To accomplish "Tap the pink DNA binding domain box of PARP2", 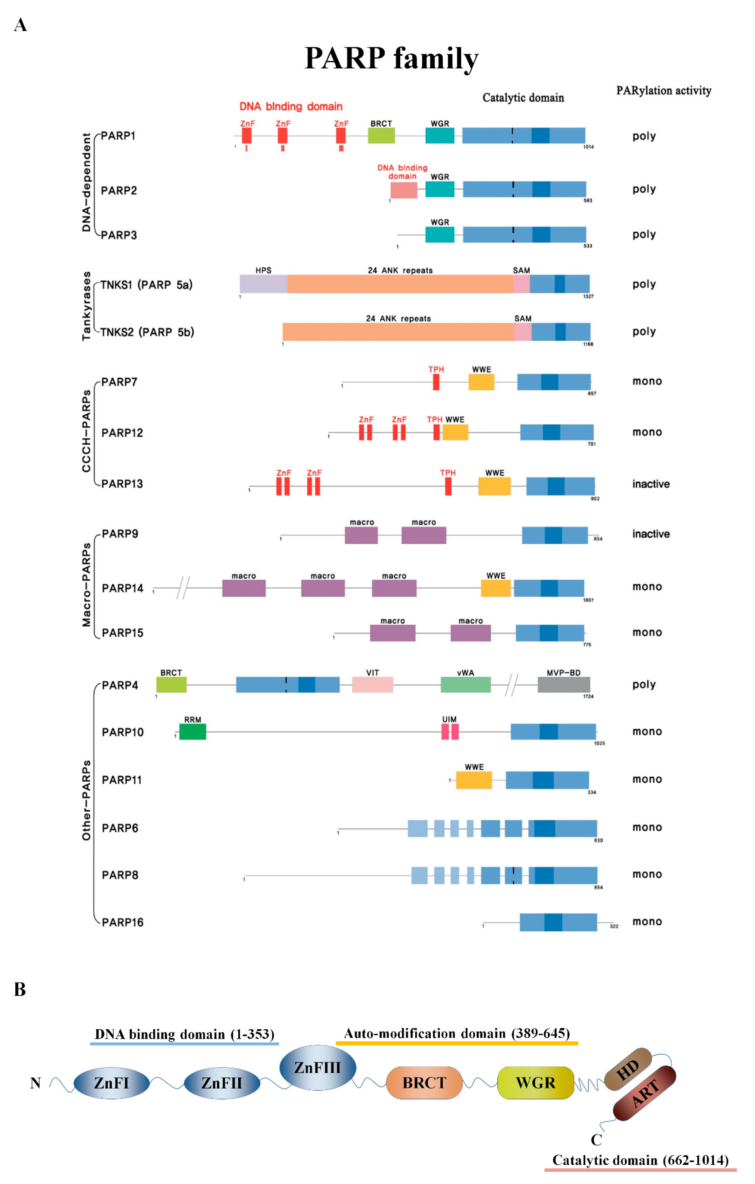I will (x=404, y=190).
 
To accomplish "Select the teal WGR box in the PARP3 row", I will (x=440, y=234).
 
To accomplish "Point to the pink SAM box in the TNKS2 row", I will (x=523, y=332).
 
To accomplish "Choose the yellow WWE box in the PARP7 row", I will (x=481, y=382).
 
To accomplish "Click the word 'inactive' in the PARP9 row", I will (x=651, y=534).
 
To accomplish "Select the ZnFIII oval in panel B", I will (x=318, y=1067).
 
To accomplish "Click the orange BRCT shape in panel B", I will (x=424, y=1083).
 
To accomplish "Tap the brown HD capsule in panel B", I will (x=628, y=1069).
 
